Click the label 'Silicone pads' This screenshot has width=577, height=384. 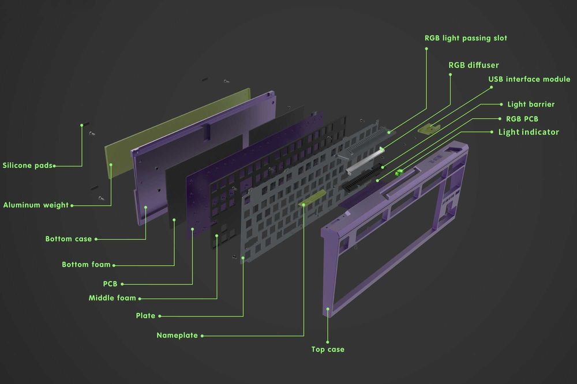coord(28,165)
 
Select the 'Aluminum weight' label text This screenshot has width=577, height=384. coord(36,205)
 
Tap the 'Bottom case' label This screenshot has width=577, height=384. coord(68,239)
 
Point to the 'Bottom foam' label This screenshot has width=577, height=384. coord(86,265)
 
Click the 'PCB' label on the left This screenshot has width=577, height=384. coord(110,284)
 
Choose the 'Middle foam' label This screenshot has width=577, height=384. coord(112,298)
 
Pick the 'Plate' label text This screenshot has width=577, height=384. coord(145,315)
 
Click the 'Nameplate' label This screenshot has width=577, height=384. coord(177,335)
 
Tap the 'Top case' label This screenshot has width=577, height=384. coord(328,349)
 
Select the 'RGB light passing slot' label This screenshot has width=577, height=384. coord(466,38)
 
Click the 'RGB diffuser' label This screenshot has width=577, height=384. coord(474,65)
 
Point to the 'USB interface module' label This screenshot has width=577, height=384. coord(529,79)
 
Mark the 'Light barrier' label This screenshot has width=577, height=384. coord(531,104)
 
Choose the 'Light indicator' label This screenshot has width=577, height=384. coord(529,132)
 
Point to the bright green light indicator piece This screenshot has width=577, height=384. coord(398,172)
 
